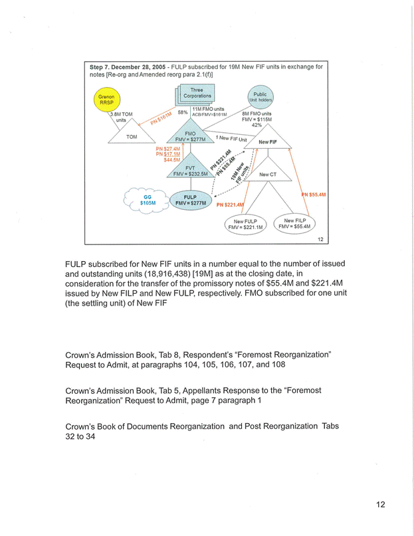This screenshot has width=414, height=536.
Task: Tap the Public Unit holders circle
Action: [260, 97]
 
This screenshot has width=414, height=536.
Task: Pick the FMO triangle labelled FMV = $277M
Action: [190, 135]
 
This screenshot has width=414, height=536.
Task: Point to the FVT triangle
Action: [190, 170]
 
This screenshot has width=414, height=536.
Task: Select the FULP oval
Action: [190, 200]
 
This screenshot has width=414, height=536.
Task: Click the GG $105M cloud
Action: [148, 199]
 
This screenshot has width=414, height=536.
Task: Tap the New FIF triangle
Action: [268, 141]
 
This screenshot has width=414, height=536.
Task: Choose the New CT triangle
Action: [268, 174]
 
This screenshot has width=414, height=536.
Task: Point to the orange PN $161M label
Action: [160, 118]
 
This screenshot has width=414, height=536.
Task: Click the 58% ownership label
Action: [182, 112]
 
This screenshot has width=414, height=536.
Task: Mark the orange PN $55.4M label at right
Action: [314, 195]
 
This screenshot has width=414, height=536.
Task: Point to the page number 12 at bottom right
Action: [380, 504]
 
